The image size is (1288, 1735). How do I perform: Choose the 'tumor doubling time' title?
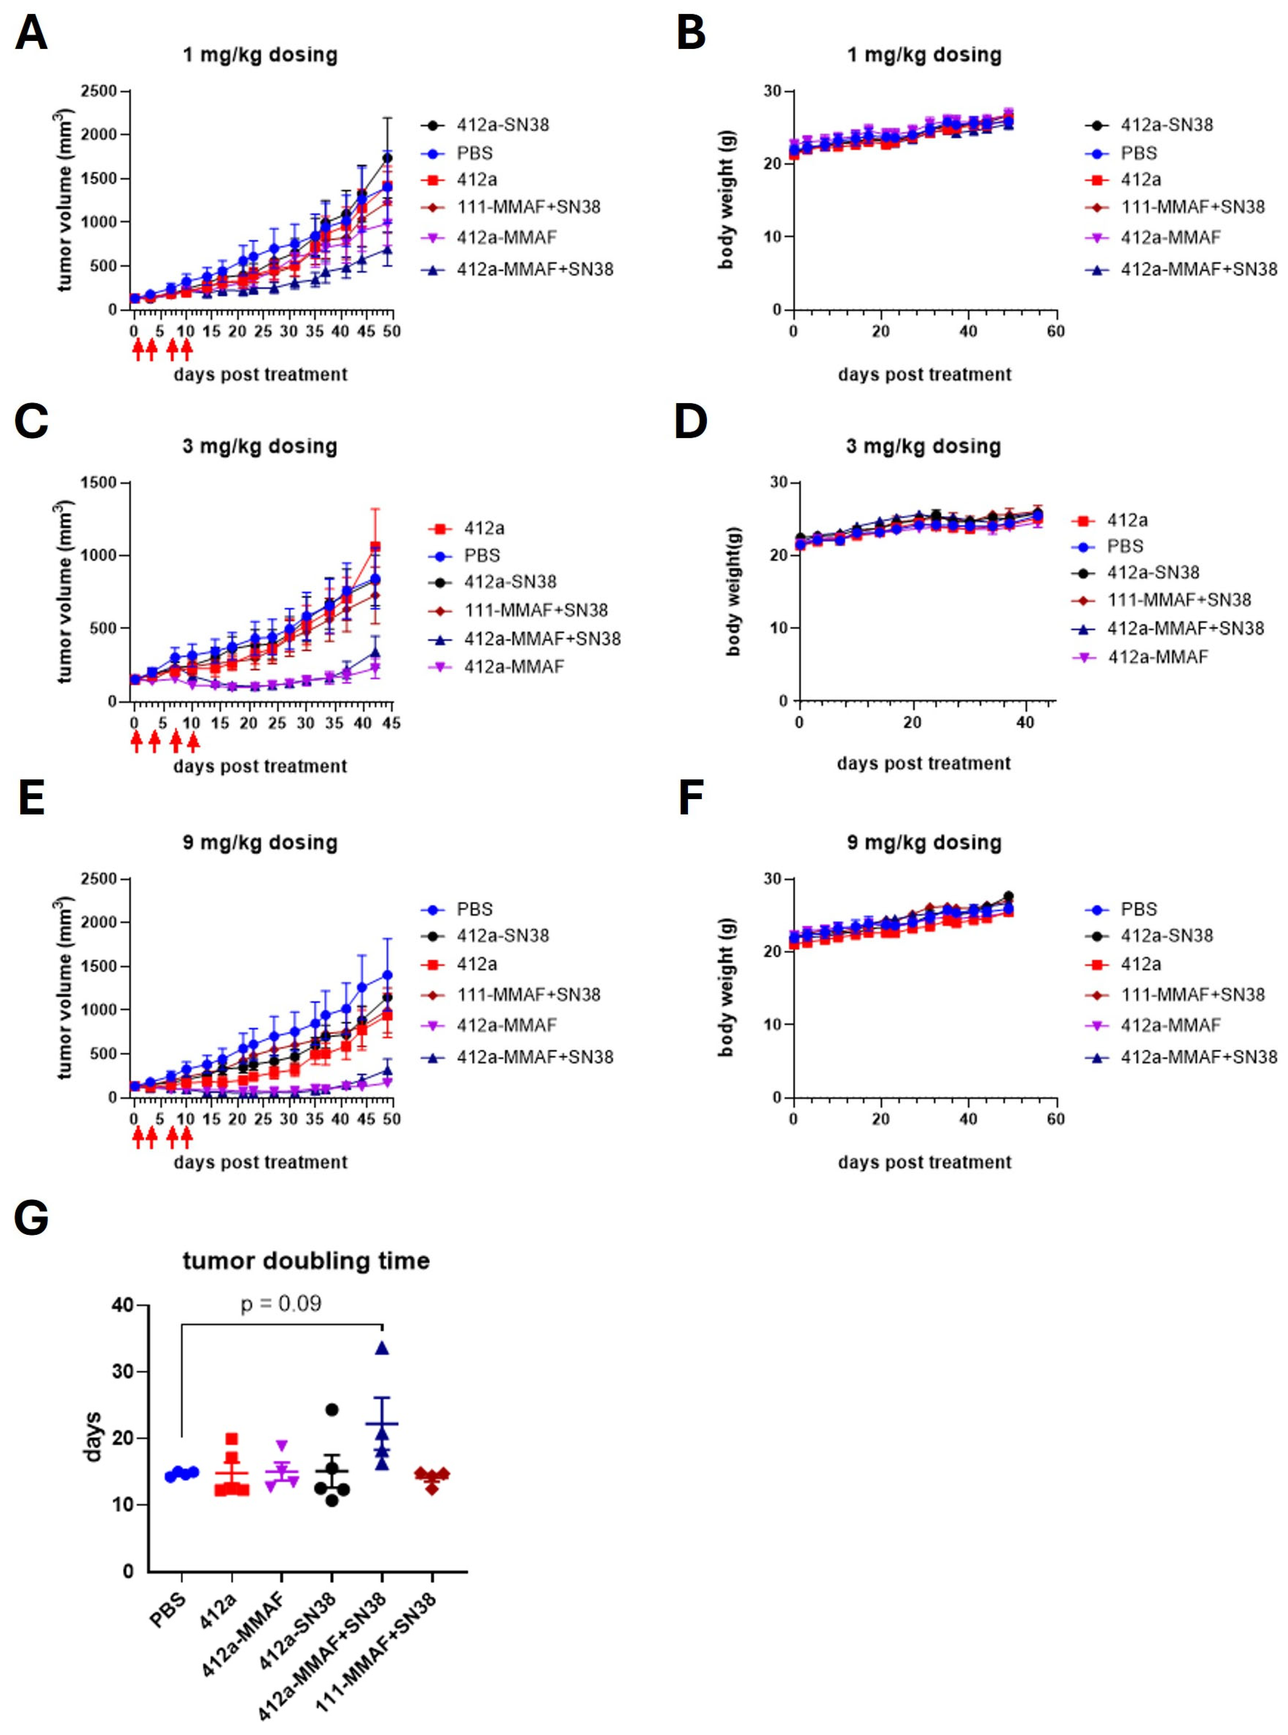coord(306,1261)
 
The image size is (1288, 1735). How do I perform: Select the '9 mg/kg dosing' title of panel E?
coord(260,843)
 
